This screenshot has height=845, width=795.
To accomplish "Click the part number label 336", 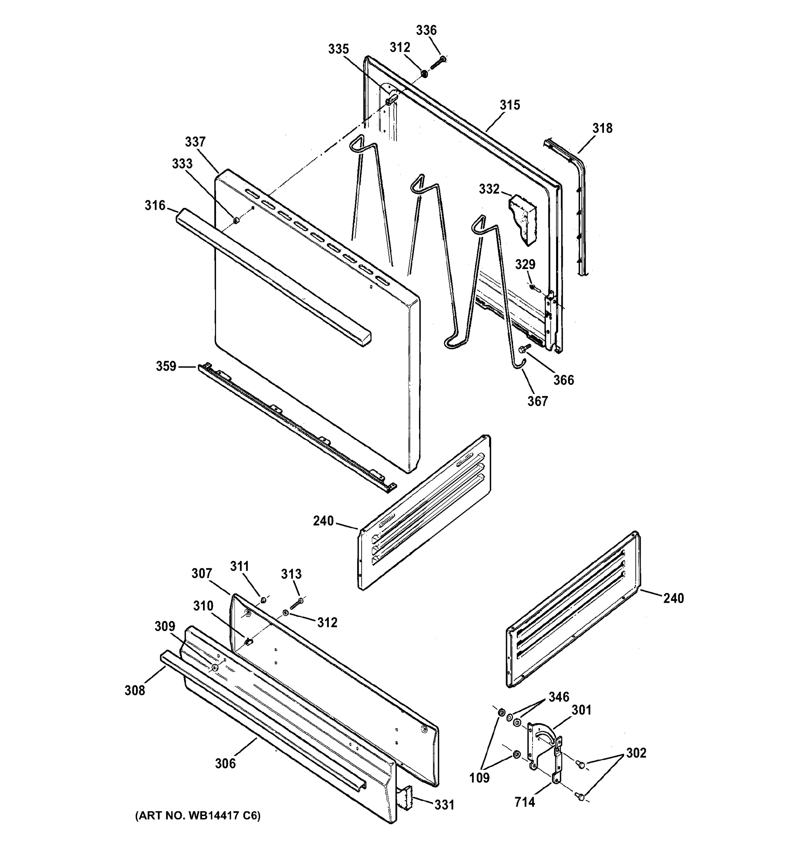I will pos(426,30).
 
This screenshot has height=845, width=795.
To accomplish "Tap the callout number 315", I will pos(510,105).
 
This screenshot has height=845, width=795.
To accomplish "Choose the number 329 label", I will pos(525,264).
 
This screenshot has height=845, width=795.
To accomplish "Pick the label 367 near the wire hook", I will pos(538,401).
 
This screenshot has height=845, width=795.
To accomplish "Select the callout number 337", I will pos(195,142).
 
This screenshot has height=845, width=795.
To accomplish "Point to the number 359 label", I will pos(166,366).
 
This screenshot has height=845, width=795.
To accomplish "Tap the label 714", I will pos(524,802).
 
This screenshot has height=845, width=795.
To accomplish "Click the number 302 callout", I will pos(636,753).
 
